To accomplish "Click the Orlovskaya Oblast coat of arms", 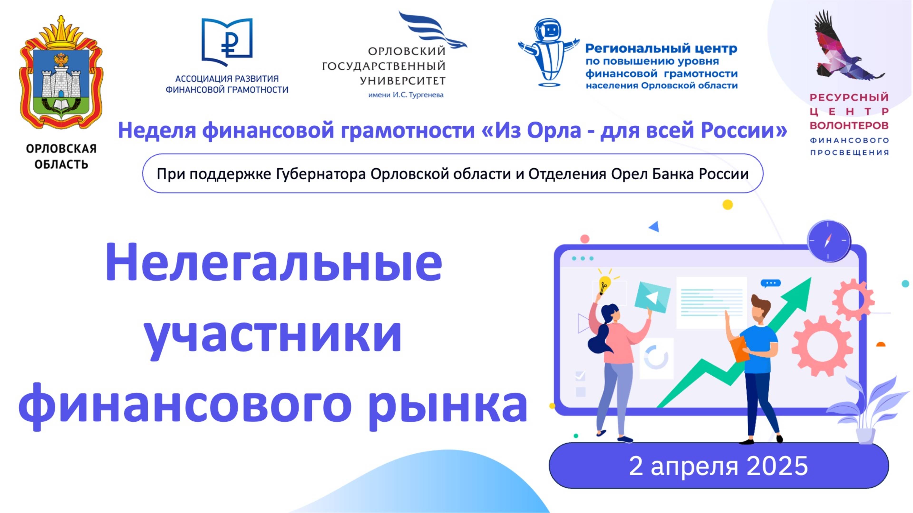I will coord(61,73).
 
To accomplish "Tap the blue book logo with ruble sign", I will coord(227,41).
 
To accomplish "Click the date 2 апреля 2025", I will coord(719,466).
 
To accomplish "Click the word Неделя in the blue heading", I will coord(157,130).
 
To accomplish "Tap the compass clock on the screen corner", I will coord(828,241).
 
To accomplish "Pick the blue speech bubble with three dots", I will coord(771,283).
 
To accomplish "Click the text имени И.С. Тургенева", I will coord(406,95).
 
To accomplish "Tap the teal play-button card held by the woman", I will coord(652,297).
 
